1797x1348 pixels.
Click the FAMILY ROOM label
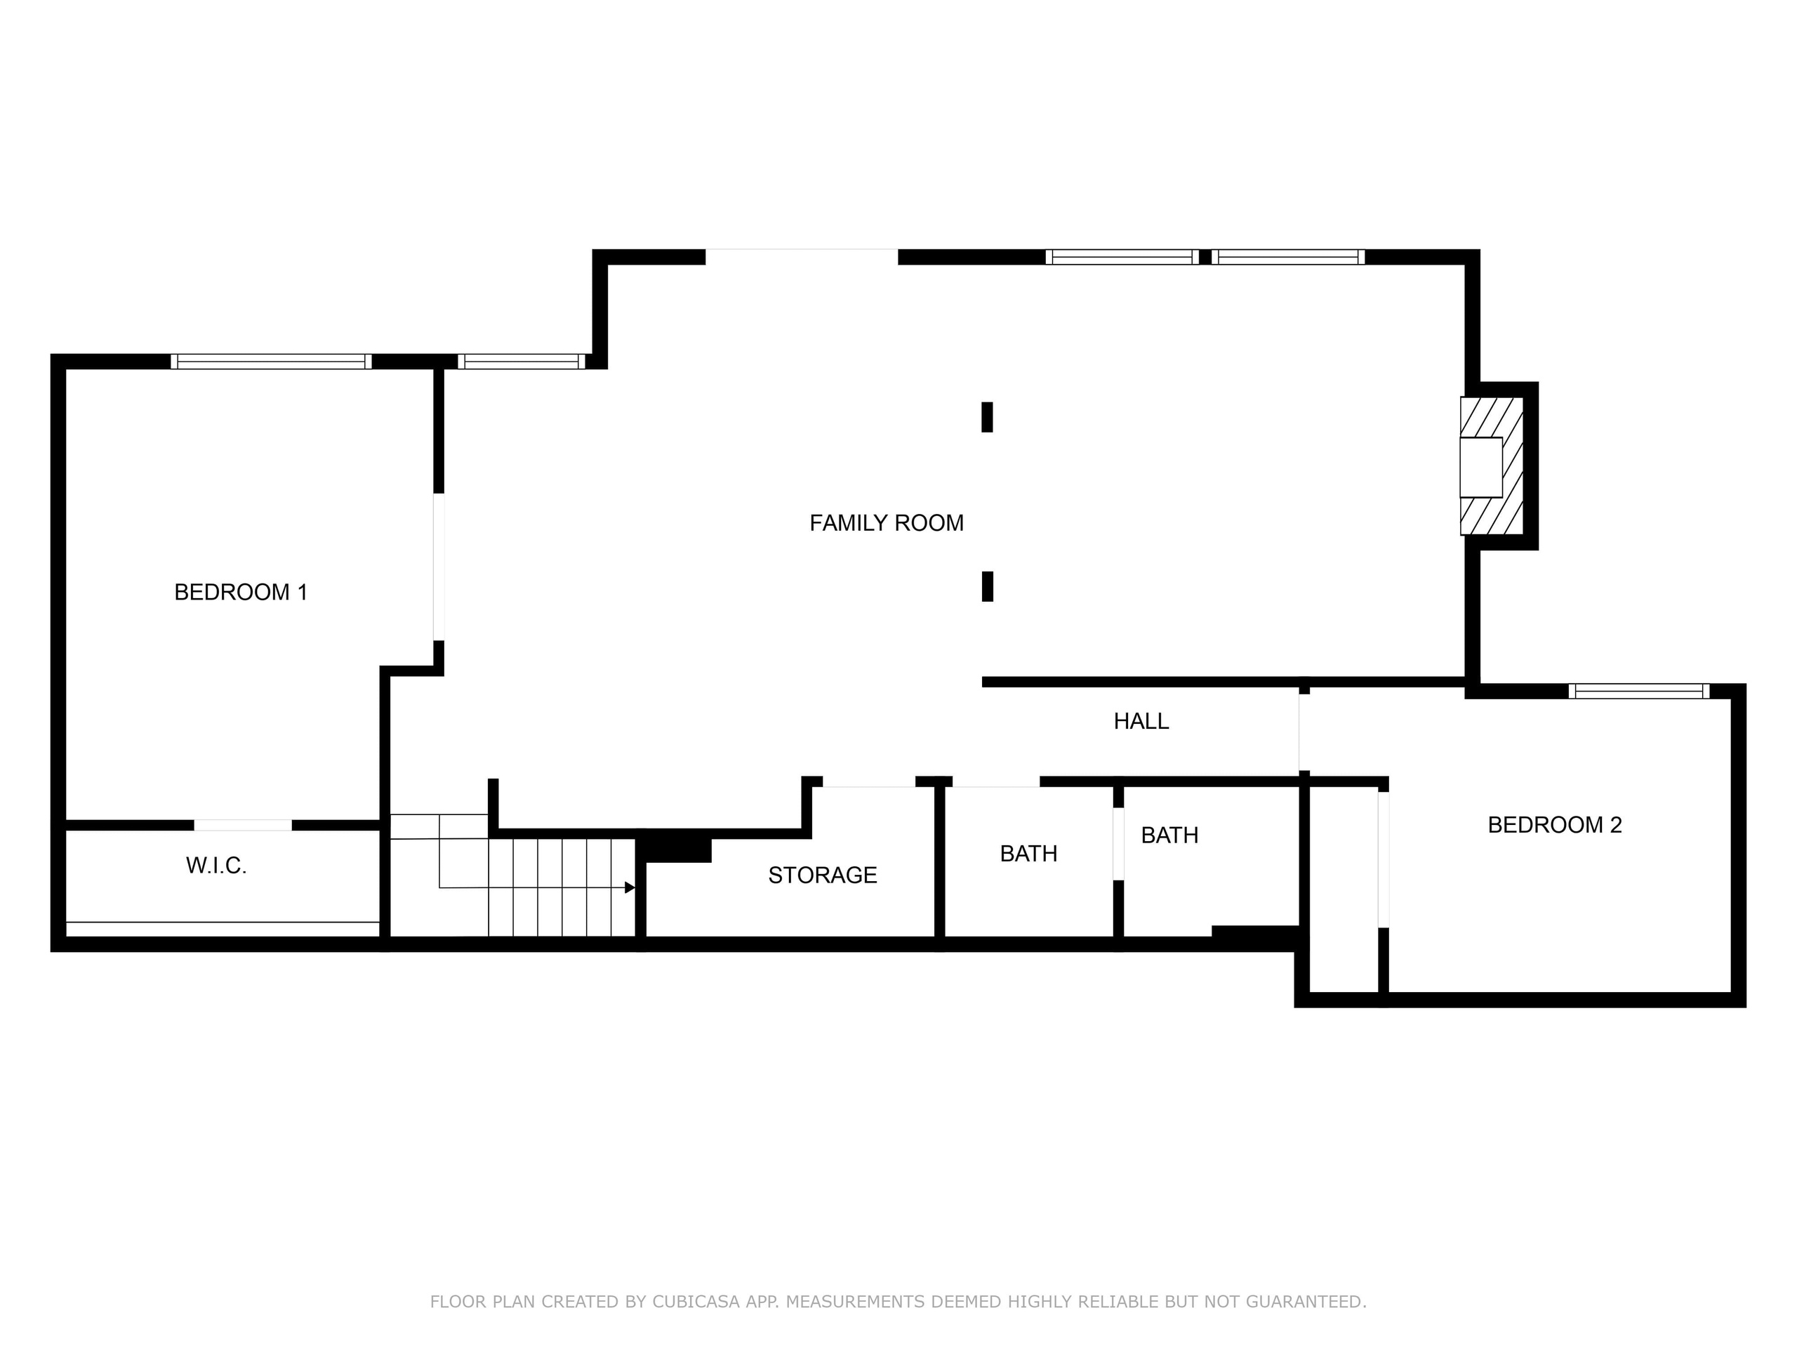[887, 523]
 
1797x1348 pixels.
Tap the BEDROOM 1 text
[241, 593]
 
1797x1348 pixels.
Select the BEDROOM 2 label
[1554, 825]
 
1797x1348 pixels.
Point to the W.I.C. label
[216, 866]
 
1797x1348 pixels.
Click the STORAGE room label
[822, 875]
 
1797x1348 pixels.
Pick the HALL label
[1141, 722]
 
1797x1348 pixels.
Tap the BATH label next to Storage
[1028, 854]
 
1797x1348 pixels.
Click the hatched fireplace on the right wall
[1491, 465]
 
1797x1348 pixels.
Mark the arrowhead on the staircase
[630, 887]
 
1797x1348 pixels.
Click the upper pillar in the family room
[987, 417]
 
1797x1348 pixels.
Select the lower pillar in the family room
[987, 587]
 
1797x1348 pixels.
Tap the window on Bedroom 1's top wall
[272, 362]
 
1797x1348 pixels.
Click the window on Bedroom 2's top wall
[1638, 692]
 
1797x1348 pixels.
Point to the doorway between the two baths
[1118, 843]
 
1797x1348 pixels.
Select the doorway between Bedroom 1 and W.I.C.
[243, 826]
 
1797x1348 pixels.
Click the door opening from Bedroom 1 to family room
[439, 567]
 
